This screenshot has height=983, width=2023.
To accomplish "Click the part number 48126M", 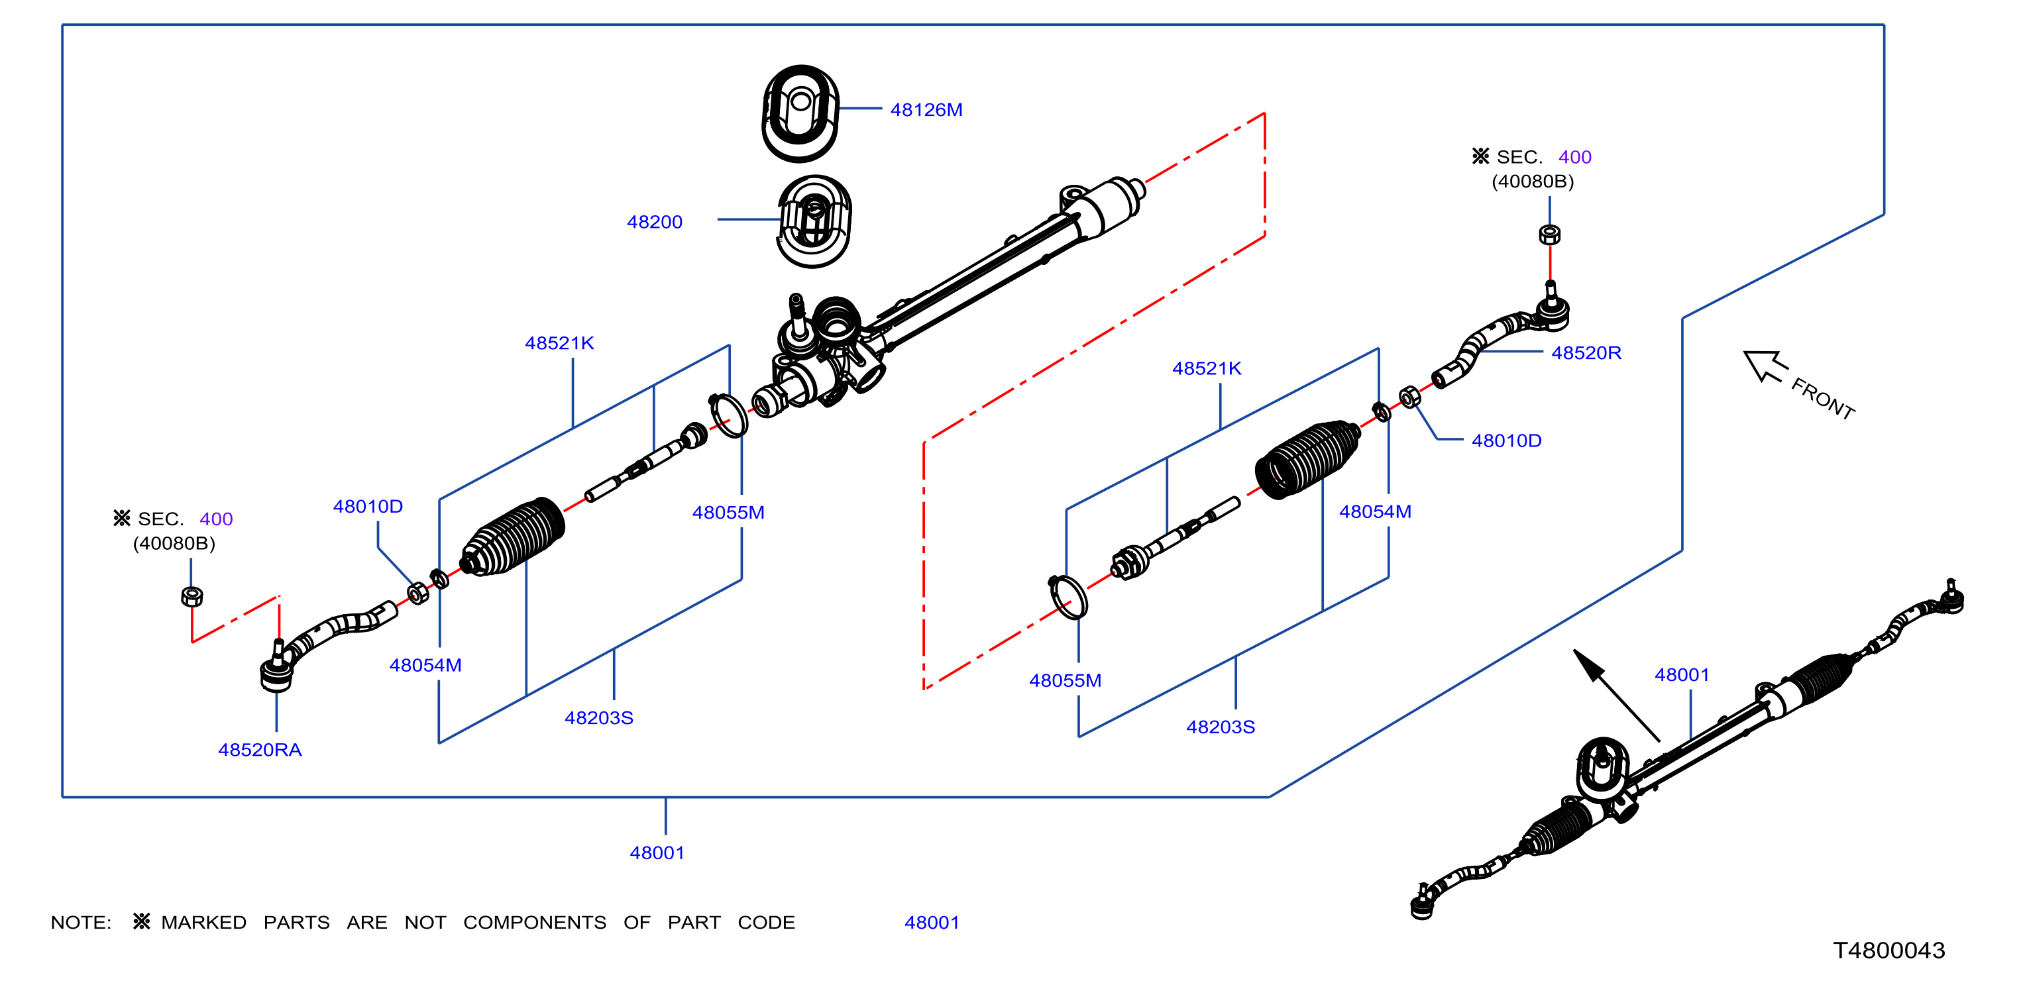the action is click(926, 110).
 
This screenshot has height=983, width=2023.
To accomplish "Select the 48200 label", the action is click(654, 222).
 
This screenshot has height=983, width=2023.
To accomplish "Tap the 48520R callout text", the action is click(1586, 353).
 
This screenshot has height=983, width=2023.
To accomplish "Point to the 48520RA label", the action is click(260, 750).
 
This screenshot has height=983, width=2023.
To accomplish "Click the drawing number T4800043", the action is click(1888, 951).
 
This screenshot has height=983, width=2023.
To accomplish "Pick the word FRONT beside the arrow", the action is click(1824, 399).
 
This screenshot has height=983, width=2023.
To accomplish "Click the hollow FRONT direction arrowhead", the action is click(1764, 365).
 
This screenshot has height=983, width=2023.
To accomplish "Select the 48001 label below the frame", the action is click(657, 853).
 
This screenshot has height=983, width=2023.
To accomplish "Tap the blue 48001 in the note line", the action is click(932, 923).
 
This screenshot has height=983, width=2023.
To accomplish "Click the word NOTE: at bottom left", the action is click(81, 923).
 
